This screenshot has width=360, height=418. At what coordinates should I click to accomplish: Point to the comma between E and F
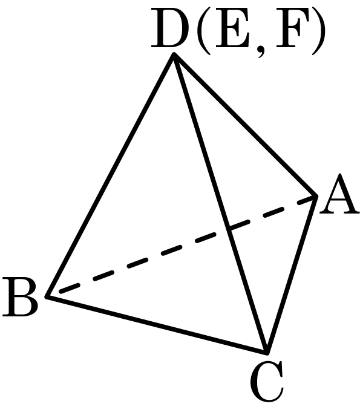261,50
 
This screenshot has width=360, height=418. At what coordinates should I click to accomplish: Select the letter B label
20,296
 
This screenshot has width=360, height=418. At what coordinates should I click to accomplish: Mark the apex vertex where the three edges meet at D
174,55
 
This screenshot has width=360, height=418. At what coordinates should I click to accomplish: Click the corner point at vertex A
316,197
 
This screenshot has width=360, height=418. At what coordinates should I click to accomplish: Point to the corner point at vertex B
47,296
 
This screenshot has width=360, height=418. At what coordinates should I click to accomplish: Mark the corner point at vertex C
267,353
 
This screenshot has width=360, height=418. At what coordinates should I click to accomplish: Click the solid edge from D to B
110,175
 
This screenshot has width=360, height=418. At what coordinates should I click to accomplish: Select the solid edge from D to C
220,204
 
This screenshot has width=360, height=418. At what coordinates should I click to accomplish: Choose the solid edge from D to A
244,126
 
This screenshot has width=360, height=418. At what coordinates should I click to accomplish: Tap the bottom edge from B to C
157,324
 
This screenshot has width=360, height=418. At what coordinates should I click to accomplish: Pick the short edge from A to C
291,275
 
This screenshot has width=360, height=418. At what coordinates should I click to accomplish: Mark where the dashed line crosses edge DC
229,229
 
